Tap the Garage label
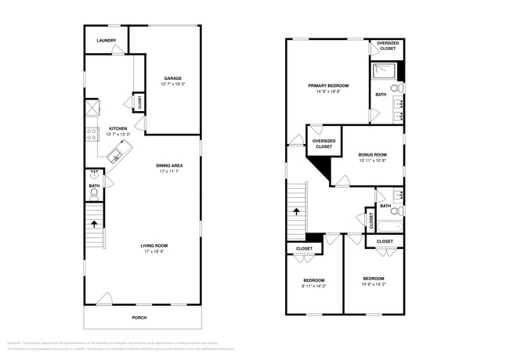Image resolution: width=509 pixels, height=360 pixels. click(x=173, y=78)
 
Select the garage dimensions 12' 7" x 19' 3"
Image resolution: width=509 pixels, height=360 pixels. click(x=173, y=85)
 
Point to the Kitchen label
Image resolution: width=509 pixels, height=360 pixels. click(x=118, y=128)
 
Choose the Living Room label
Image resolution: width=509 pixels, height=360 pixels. click(x=154, y=246)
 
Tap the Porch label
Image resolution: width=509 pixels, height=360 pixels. click(x=139, y=317)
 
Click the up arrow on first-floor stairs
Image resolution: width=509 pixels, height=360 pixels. click(x=94, y=223)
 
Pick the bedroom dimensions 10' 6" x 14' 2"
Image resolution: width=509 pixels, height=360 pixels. click(x=373, y=285)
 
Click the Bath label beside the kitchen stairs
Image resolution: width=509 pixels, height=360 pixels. click(x=94, y=186)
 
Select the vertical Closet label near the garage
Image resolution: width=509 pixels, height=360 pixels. click(x=140, y=102)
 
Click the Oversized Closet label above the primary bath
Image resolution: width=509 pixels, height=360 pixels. click(x=388, y=46)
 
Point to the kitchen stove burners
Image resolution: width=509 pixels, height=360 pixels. click(x=91, y=135)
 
